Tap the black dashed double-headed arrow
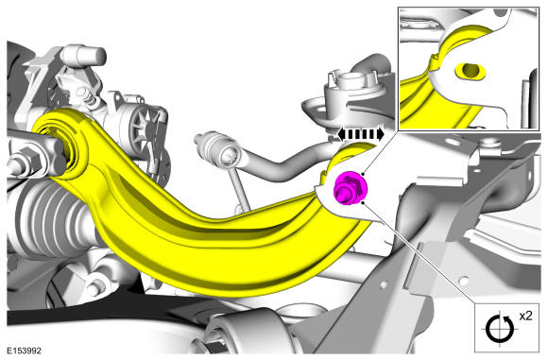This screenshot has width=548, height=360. tap(361, 134)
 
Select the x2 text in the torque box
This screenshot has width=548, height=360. tap(525, 316)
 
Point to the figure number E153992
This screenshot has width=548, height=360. tap(25, 351)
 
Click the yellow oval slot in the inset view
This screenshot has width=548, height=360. tap(471, 71)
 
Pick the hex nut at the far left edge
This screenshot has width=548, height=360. tap(26, 161)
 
